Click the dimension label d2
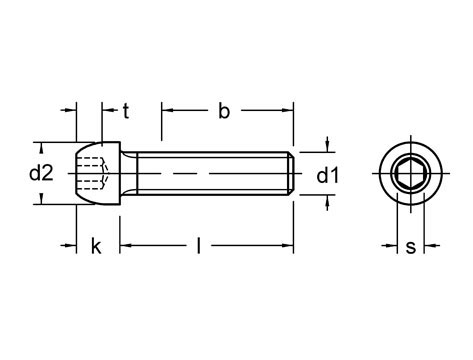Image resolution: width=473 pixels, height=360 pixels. [41, 173]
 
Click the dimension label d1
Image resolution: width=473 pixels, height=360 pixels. [327, 176]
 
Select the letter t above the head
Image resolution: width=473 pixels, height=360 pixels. [126, 111]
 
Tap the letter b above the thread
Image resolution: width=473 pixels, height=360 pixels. [224, 111]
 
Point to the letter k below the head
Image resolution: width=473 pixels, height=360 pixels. [96, 246]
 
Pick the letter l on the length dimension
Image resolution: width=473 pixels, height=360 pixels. [199, 246]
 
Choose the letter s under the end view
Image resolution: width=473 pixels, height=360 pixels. [411, 248]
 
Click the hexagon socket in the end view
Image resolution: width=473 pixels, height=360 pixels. [410, 173]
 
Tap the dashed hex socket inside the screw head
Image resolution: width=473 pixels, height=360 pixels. [93, 173]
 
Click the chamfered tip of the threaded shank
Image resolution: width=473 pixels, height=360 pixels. [291, 173]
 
